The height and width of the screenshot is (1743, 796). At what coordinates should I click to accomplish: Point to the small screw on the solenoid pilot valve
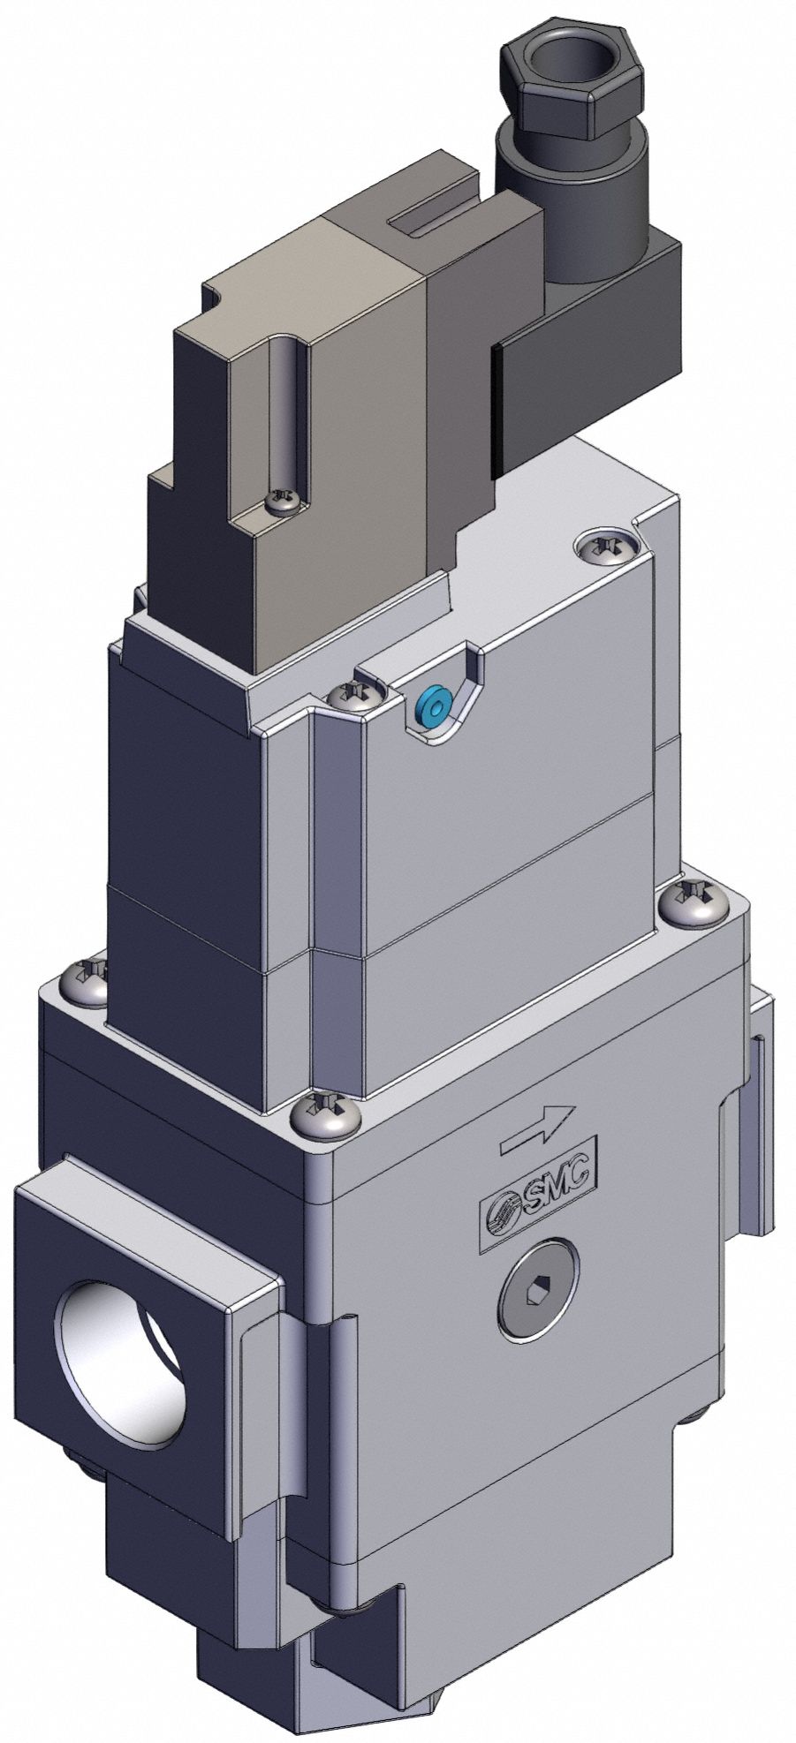[x=284, y=502]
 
